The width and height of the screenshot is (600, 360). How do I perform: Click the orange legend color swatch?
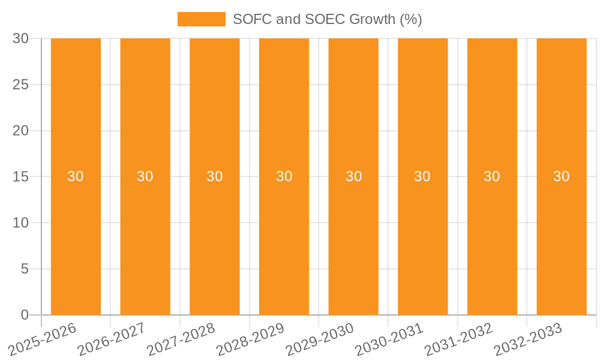tap(201, 19)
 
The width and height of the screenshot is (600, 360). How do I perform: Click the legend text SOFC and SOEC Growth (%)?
tap(327, 19)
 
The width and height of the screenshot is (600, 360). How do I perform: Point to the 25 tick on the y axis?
tap(20, 85)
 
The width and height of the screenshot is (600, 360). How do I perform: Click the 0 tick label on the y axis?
tap(25, 315)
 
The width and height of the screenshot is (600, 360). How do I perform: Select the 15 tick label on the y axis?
tap(20, 177)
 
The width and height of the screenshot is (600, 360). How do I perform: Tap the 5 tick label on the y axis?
tap(25, 269)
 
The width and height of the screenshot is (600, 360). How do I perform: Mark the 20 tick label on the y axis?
tap(20, 131)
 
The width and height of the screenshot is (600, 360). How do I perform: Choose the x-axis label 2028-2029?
tap(251, 339)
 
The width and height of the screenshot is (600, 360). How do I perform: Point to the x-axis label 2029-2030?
tap(320, 339)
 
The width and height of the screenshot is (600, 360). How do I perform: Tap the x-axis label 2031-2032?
tap(459, 339)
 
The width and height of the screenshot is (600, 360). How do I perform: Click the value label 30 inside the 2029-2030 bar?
tap(353, 176)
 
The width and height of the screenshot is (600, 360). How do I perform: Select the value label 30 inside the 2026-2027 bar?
tap(145, 176)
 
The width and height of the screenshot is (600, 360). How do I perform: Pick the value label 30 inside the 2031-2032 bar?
tap(492, 176)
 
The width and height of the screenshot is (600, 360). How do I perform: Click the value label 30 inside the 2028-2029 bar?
tap(284, 176)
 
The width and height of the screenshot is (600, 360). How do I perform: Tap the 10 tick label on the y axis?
tap(20, 223)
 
